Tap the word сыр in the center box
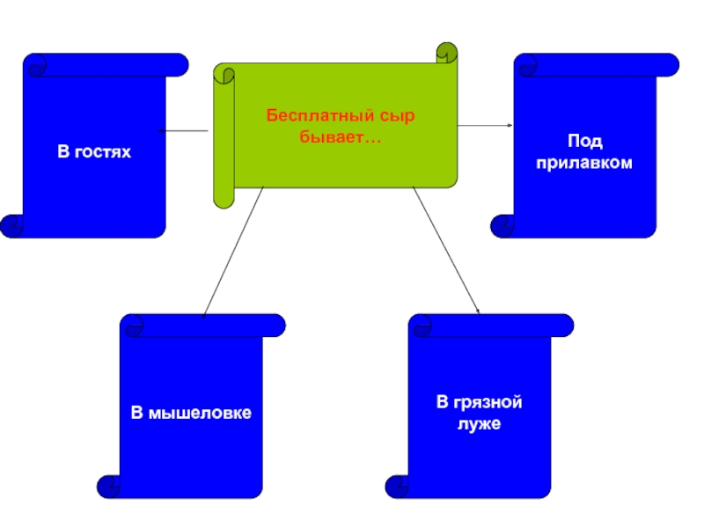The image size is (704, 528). (x=396, y=116)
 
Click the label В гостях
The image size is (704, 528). (x=94, y=152)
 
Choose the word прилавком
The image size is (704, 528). (x=585, y=164)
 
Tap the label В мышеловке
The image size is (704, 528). (x=192, y=413)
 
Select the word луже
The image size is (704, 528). (x=480, y=424)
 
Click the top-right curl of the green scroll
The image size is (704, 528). (x=447, y=54)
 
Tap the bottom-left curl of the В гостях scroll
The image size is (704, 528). (x=13, y=226)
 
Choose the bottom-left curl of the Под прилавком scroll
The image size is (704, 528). (x=503, y=226)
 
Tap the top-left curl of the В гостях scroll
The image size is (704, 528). (x=35, y=65)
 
